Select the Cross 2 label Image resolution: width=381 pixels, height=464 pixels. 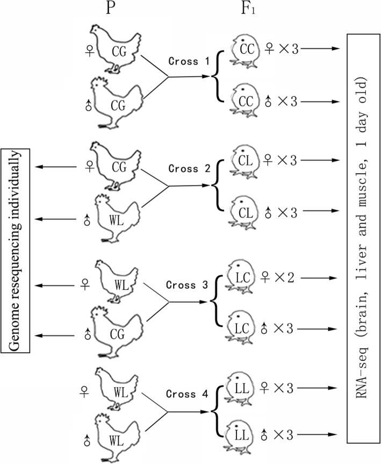[186, 169]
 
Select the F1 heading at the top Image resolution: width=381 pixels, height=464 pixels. [247, 10]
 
